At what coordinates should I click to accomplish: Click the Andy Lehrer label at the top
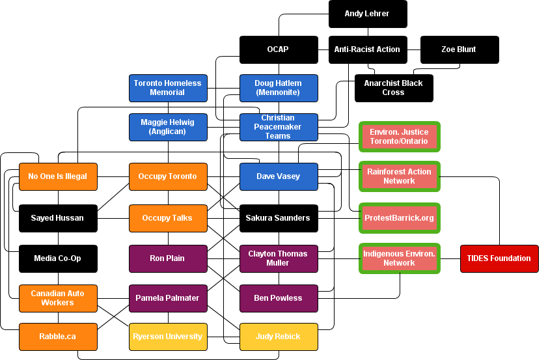(x=366, y=14)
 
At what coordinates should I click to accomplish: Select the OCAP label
(x=277, y=49)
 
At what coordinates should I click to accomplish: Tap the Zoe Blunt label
(x=458, y=49)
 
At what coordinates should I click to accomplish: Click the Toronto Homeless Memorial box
(x=168, y=88)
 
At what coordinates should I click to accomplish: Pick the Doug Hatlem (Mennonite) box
(x=279, y=88)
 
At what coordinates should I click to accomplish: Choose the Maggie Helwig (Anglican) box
(x=168, y=127)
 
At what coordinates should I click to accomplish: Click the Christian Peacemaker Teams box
(x=279, y=127)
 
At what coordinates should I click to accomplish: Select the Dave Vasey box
(x=279, y=176)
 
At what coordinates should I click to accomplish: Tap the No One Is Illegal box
(x=58, y=176)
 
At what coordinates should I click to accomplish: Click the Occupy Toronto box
(x=168, y=176)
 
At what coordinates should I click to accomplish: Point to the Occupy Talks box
(x=168, y=218)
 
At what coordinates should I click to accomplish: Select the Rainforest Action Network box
(x=399, y=176)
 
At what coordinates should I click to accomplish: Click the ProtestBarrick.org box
(x=399, y=218)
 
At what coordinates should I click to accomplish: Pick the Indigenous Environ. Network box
(x=399, y=258)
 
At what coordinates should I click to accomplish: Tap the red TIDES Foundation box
(x=499, y=258)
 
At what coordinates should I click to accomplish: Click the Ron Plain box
(x=168, y=258)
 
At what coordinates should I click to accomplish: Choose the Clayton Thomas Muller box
(x=279, y=258)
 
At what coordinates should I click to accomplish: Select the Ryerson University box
(x=168, y=337)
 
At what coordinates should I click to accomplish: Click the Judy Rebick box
(x=279, y=337)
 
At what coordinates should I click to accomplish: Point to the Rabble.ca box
(x=58, y=337)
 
